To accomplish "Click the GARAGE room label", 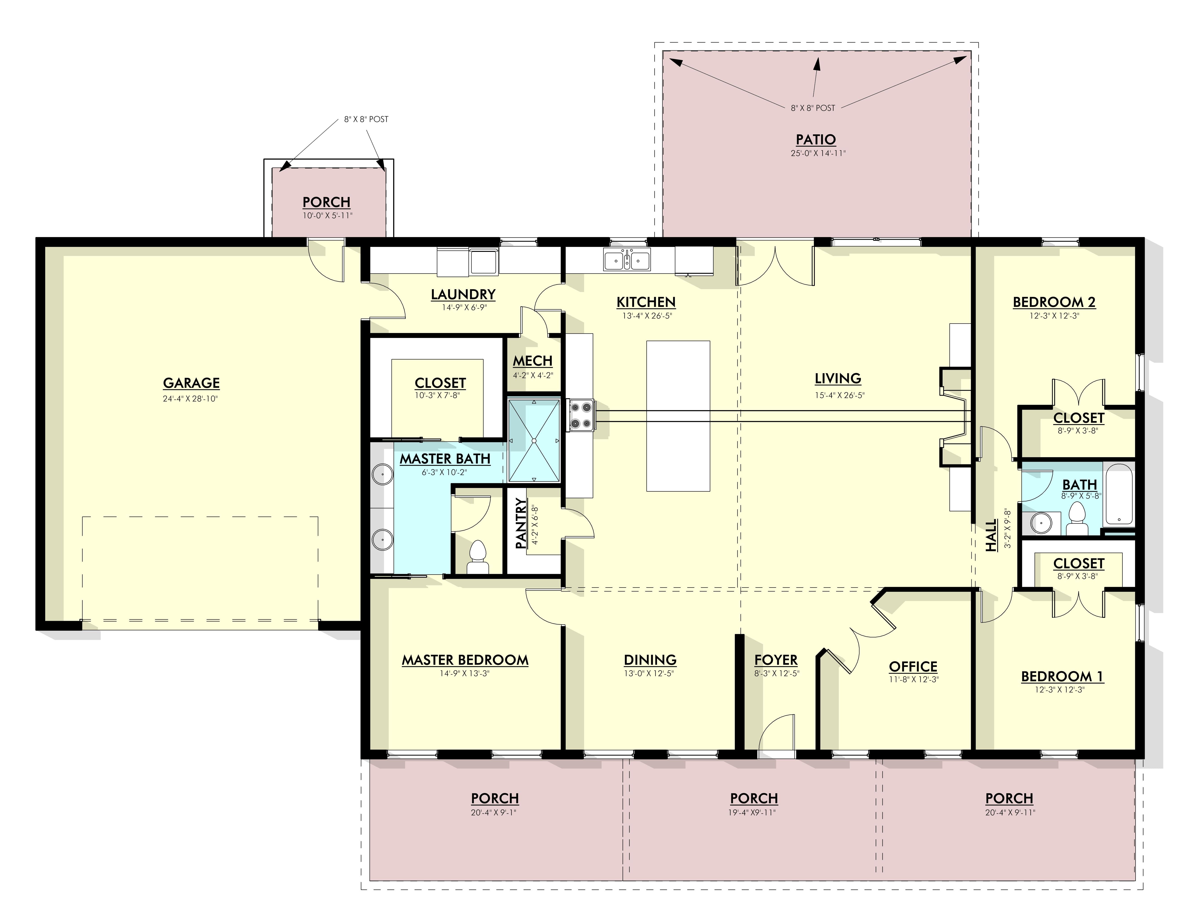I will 191,383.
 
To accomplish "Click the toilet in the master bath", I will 478,557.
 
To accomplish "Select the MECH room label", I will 532,361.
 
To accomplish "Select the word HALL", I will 991,535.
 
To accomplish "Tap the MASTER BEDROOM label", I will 465,660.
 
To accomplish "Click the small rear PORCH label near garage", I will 327,202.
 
